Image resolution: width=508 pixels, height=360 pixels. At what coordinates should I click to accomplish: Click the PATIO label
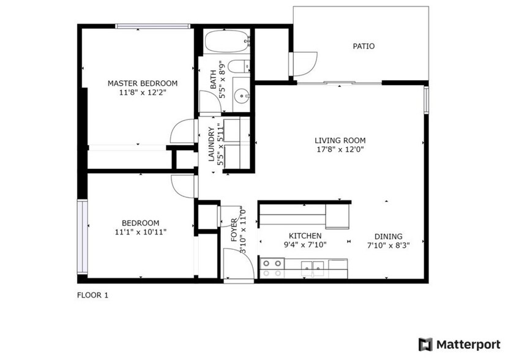pyautogui.click(x=364, y=46)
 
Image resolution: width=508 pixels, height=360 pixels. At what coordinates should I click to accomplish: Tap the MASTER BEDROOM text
pyautogui.click(x=143, y=83)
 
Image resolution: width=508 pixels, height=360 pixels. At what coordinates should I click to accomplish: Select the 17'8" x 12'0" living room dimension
pyautogui.click(x=340, y=149)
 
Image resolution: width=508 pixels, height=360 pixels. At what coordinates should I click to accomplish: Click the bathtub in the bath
pyautogui.click(x=228, y=41)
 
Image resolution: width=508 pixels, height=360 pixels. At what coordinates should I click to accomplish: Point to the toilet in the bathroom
pyautogui.click(x=239, y=67)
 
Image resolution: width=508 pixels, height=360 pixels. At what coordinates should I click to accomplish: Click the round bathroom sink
pyautogui.click(x=241, y=96)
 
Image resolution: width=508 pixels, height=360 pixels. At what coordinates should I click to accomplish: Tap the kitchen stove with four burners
pyautogui.click(x=272, y=268)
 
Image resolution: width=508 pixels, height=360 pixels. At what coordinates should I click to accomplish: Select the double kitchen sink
pyautogui.click(x=313, y=268)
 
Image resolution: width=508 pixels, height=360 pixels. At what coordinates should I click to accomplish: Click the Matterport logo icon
pyautogui.click(x=425, y=345)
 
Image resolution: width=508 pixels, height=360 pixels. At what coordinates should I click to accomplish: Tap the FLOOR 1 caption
pyautogui.click(x=92, y=295)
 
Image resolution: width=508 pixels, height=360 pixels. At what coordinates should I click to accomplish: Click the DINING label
pyautogui.click(x=389, y=236)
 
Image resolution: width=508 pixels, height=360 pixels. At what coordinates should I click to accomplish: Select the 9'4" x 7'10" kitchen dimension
pyautogui.click(x=305, y=245)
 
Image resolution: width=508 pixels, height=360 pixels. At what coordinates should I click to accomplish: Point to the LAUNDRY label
pyautogui.click(x=211, y=144)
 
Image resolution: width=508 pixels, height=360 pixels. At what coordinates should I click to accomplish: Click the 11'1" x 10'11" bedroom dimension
pyautogui.click(x=141, y=232)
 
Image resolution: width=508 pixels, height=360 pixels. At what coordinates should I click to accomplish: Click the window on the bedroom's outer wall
pyautogui.click(x=82, y=237)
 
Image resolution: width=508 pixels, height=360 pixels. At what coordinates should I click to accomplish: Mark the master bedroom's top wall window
pyautogui.click(x=152, y=26)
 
